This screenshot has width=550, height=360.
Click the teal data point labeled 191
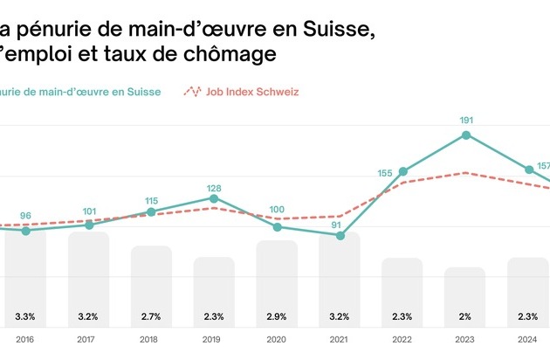(x=466, y=135)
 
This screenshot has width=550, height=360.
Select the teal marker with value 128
(x=214, y=198)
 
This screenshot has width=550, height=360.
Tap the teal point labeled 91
(x=340, y=235)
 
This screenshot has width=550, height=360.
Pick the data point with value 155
(x=402, y=171)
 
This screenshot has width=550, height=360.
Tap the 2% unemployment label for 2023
(x=465, y=316)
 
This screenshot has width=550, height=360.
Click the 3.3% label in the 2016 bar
(x=25, y=316)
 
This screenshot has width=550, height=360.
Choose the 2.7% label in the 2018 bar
(x=151, y=316)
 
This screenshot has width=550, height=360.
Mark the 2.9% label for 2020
(x=277, y=316)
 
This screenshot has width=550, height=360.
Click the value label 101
(x=88, y=211)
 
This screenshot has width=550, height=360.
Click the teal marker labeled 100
(x=278, y=226)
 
